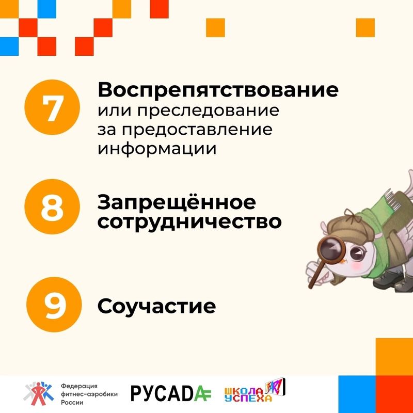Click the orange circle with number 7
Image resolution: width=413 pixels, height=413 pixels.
[x=52, y=107]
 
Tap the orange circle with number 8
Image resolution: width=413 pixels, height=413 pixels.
[x=52, y=206]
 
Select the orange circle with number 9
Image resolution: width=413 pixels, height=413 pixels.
[x=54, y=305]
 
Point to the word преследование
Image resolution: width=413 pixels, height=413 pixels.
[x=208, y=111]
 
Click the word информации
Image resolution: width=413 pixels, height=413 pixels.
[x=157, y=149]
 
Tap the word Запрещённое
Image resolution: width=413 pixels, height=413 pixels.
[x=177, y=202]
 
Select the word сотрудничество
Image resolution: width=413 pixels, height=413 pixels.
[x=189, y=222]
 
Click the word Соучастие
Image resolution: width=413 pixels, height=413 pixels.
[x=157, y=306]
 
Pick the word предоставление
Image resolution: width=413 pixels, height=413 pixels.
[x=197, y=130]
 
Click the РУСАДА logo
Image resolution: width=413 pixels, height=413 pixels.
[x=171, y=393]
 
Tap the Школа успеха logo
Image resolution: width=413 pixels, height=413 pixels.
[x=255, y=391]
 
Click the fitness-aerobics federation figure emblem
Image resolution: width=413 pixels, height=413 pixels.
[x=38, y=393]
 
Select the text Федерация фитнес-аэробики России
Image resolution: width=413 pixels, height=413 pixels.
[x=89, y=394]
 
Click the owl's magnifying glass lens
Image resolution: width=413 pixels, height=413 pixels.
[x=329, y=250]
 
